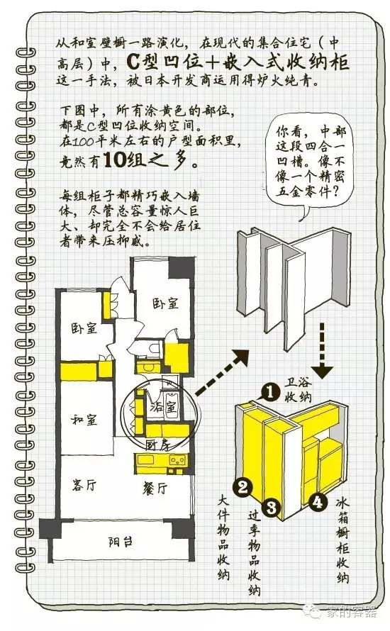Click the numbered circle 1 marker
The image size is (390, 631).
coord(270,391)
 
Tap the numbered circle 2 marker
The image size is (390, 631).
coord(243,487)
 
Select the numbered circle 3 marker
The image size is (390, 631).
coord(272,506)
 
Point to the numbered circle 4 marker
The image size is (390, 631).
coord(318,501)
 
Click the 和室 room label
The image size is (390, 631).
coord(84,420)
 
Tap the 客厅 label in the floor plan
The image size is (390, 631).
coord(84,486)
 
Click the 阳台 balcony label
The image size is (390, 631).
coord(121,542)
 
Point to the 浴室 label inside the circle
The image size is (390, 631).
coord(163,407)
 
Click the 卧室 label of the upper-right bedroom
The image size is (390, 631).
coord(165,303)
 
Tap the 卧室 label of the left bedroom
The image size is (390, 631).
coord(84,328)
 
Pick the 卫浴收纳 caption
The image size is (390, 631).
coord(299,389)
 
